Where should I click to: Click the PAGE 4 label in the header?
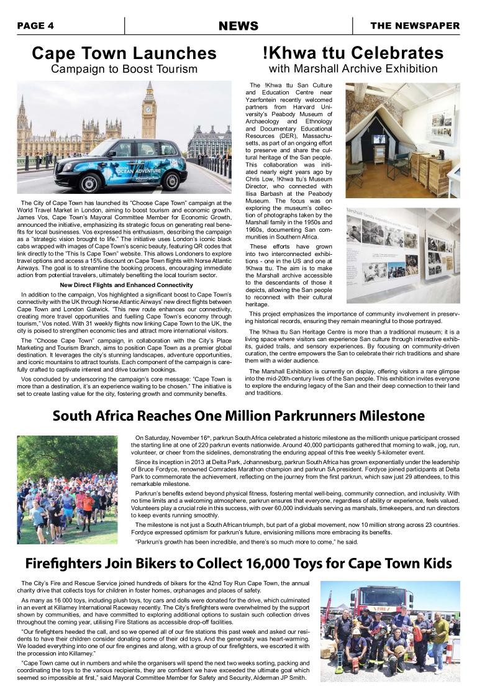coord(35,25)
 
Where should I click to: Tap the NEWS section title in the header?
coord(238,25)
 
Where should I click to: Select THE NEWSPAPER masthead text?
coord(415,25)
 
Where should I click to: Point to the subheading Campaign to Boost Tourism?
coord(124,68)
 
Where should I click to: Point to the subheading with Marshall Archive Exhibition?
coord(353,68)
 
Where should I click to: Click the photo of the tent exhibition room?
coord(402,140)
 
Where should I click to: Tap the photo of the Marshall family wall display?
coord(402,255)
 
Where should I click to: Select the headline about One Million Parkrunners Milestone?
coord(238,416)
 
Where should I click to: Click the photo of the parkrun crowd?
coord(67,489)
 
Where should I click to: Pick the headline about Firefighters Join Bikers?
coord(238,564)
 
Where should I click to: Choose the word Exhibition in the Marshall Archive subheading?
coord(407,68)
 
